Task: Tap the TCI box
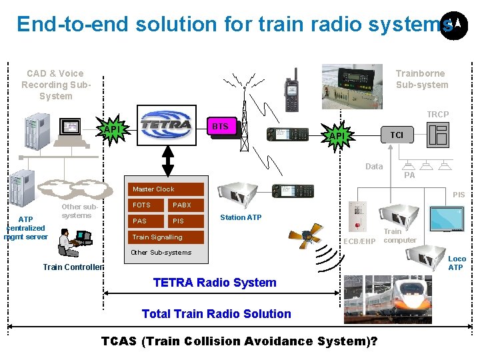396,135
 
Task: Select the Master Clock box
158,189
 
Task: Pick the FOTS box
146,205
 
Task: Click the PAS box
146,221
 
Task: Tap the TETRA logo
166,125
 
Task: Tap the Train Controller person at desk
73,241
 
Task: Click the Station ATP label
241,217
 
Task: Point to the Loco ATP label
456,263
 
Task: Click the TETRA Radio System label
215,283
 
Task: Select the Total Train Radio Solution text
217,314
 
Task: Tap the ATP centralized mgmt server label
25,228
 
